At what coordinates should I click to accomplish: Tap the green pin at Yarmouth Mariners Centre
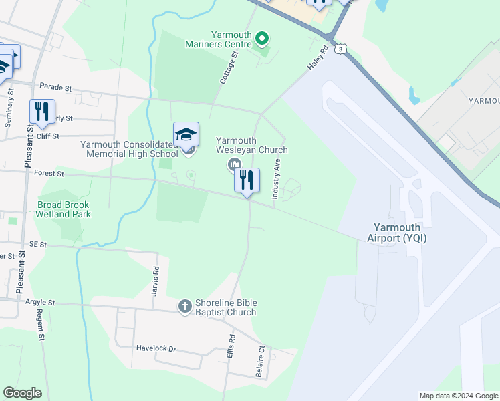pyautogui.click(x=262, y=38)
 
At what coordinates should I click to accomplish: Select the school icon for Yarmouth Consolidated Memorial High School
pyautogui.click(x=186, y=135)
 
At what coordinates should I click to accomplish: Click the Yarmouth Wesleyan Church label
pyautogui.click(x=251, y=145)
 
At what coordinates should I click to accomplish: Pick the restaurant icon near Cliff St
pyautogui.click(x=42, y=112)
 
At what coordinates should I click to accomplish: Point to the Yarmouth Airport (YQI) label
pyautogui.click(x=396, y=233)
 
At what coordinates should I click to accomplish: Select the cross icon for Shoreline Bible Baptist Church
pyautogui.click(x=185, y=306)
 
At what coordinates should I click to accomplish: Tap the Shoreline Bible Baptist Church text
pyautogui.click(x=225, y=307)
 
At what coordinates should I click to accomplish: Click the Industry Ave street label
pyautogui.click(x=275, y=179)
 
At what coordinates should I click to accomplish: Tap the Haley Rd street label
pyautogui.click(x=318, y=59)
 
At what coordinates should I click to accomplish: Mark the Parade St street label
pyautogui.click(x=55, y=87)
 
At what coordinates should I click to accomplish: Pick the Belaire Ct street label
pyautogui.click(x=261, y=361)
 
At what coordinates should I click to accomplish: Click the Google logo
pyautogui.click(x=22, y=393)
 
